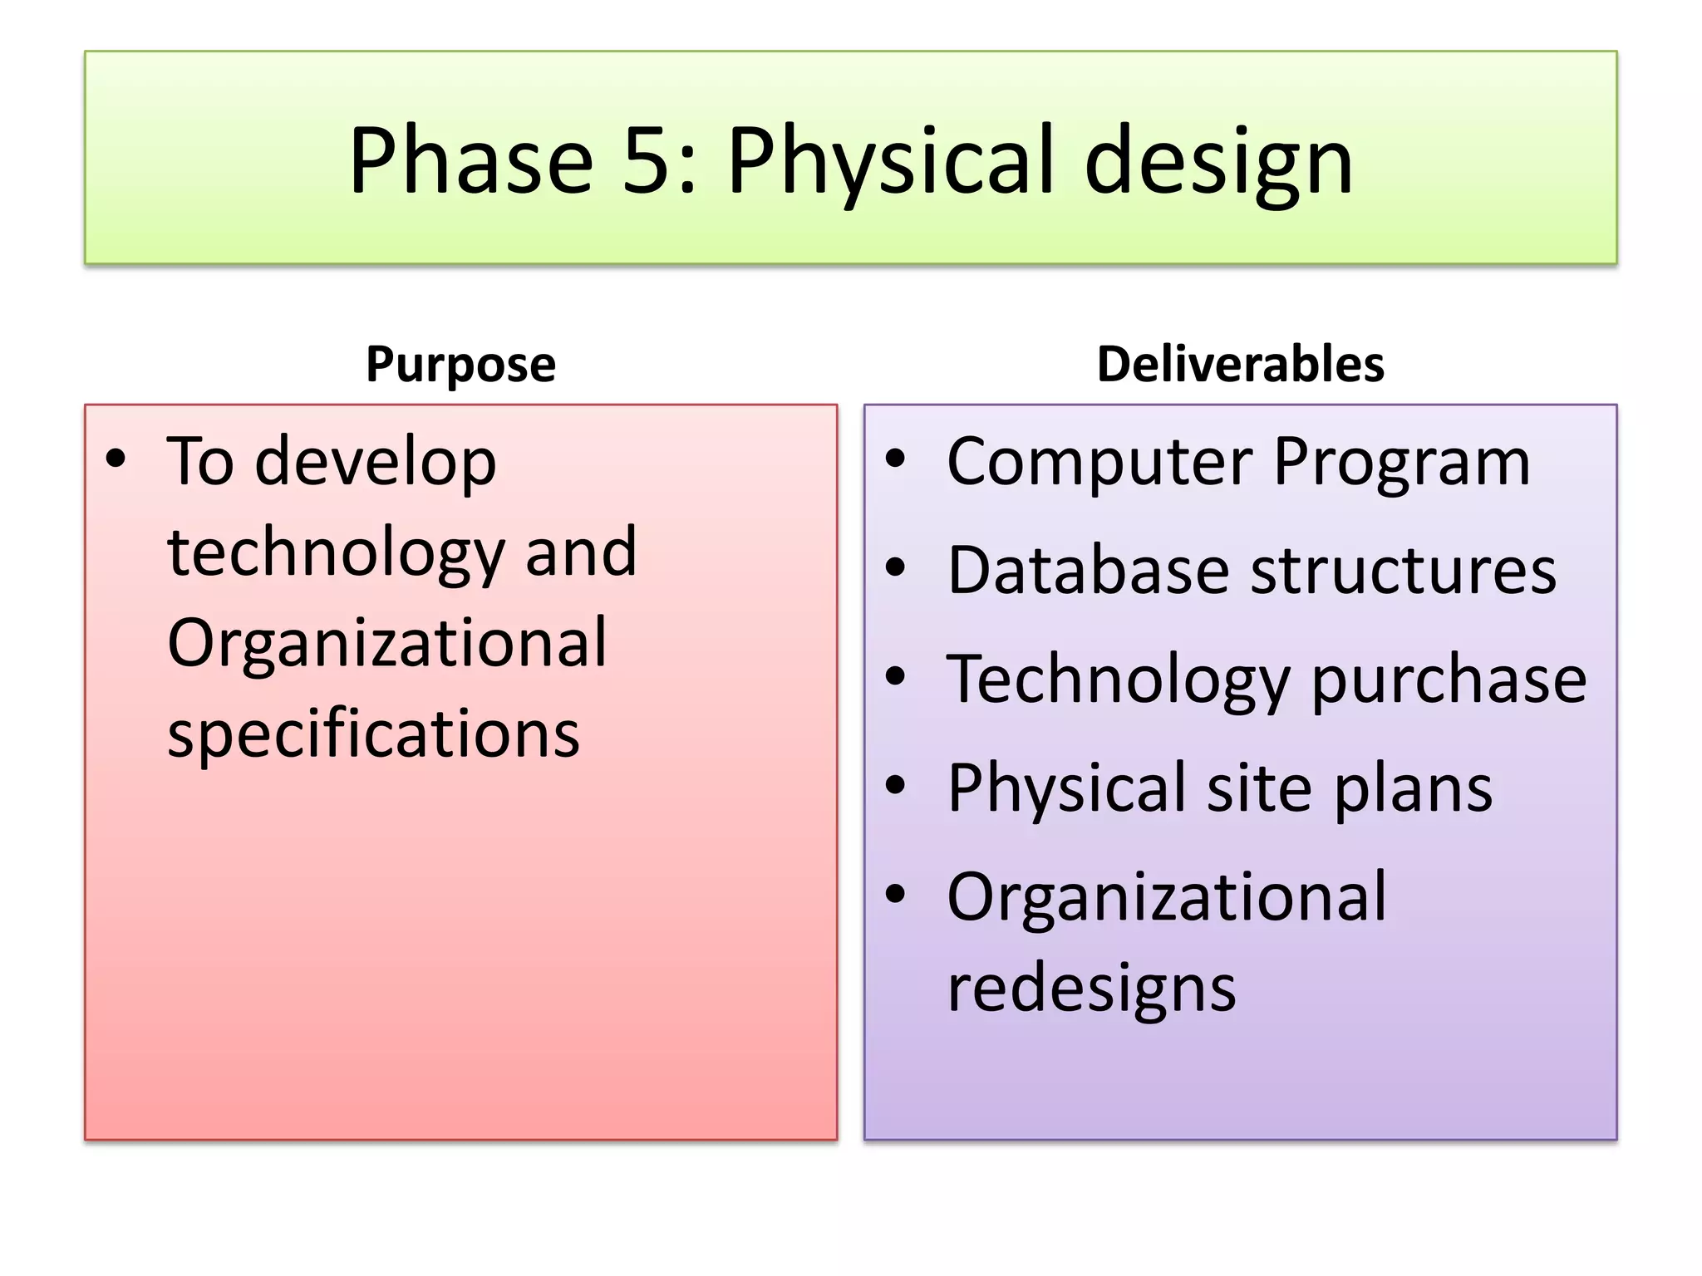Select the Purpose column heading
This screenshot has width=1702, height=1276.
click(460, 364)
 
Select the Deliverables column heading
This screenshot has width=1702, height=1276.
click(1240, 364)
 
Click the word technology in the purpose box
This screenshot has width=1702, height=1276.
click(336, 552)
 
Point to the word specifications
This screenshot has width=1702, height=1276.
click(373, 734)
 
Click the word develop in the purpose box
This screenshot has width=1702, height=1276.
click(375, 462)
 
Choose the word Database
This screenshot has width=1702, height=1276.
click(1088, 571)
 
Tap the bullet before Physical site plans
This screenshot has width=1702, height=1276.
click(895, 784)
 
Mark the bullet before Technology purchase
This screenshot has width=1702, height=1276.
click(895, 675)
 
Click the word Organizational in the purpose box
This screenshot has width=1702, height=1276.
click(386, 643)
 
